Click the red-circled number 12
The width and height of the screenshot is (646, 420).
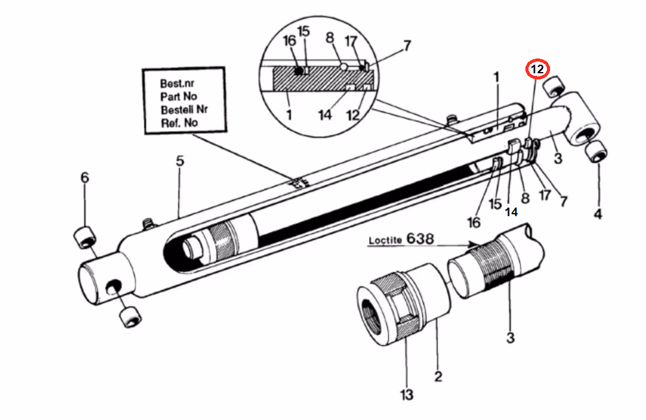[537, 69]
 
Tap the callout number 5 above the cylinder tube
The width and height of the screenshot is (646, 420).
[180, 161]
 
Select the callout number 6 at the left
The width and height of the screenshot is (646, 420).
[84, 178]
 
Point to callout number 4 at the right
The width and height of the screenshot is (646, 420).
[598, 214]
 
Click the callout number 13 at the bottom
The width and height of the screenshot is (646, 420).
[407, 395]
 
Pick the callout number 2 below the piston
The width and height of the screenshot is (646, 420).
[438, 376]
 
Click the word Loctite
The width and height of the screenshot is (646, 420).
[385, 240]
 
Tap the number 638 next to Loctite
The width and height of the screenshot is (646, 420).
[420, 238]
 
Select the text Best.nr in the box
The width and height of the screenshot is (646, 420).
[177, 83]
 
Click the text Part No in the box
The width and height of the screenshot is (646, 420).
[178, 97]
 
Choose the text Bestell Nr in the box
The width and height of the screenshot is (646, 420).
[184, 110]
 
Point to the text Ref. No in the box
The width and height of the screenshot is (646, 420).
[179, 123]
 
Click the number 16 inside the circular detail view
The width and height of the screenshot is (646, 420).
[289, 41]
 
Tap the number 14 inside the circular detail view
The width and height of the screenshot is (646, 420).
[325, 115]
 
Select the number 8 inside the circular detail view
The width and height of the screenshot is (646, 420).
[330, 38]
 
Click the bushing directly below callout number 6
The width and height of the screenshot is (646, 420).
[85, 237]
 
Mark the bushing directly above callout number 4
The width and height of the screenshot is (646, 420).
[596, 151]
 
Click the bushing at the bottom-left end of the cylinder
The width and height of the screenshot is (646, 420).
[130, 317]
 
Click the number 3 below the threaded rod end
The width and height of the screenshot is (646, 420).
[510, 338]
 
